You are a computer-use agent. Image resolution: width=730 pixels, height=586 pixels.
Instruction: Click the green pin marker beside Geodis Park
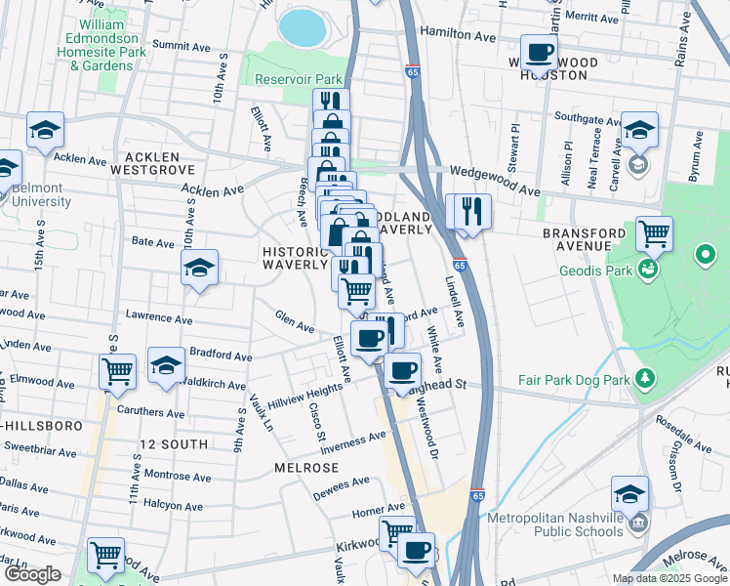pyautogui.click(x=706, y=258)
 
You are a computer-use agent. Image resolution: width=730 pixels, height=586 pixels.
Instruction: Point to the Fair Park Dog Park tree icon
pyautogui.click(x=644, y=377)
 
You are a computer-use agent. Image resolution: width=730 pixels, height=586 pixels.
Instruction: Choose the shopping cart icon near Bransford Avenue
pyautogui.click(x=654, y=233)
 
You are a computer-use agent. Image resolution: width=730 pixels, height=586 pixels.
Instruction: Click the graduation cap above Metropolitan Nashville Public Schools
pyautogui.click(x=630, y=494)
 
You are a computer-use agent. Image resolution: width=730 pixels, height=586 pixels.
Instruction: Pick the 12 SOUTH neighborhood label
pyautogui.click(x=173, y=444)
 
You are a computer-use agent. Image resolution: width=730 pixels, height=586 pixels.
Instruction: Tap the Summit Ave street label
pyautogui.click(x=175, y=45)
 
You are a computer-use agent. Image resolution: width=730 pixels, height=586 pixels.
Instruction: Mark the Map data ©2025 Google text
pyautogui.click(x=669, y=578)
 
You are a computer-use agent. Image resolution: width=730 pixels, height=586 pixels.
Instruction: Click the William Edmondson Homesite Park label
pyautogui.click(x=102, y=44)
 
